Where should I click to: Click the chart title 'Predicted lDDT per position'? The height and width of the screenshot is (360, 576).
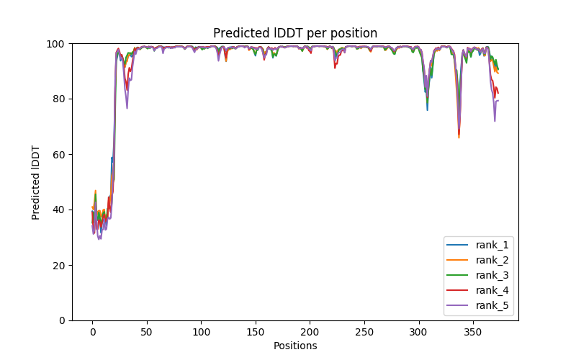(x=295, y=33)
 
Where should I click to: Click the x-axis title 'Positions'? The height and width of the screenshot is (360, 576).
(x=295, y=346)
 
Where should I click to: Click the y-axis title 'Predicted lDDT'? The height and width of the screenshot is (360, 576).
(x=36, y=181)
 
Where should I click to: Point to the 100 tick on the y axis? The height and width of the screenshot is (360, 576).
(x=56, y=43)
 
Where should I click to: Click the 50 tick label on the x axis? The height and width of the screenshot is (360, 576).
(x=146, y=333)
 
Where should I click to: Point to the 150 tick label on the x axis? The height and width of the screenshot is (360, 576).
(x=255, y=333)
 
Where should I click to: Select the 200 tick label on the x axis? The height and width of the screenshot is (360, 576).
(x=310, y=333)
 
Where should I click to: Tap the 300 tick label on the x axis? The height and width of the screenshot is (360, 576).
(x=418, y=333)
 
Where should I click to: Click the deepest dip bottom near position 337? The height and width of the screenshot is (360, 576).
(x=459, y=137)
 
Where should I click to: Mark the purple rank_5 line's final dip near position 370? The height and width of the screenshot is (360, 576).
(x=495, y=120)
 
